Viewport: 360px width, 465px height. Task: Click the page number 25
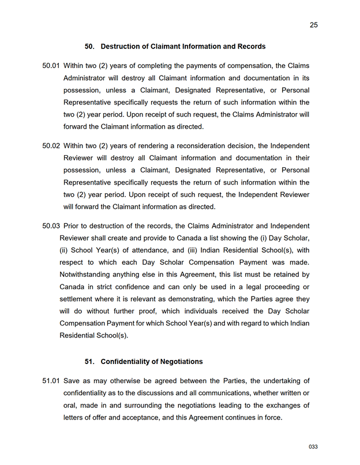pos(314,25)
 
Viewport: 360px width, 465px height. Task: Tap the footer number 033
pos(313,447)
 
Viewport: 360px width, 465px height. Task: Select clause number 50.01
pos(51,66)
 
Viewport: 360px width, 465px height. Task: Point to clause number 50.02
pos(51,145)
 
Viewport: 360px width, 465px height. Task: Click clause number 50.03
pos(51,225)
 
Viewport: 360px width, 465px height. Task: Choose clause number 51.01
pos(51,381)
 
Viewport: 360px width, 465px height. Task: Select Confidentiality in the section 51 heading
pos(127,362)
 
